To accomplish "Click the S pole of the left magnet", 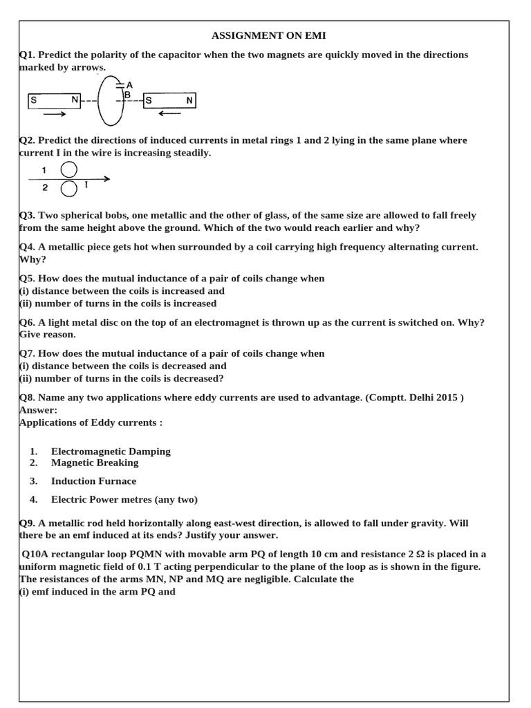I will coord(32,101).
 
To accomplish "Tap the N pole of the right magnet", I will coord(189,101).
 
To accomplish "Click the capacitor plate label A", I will coord(129,85).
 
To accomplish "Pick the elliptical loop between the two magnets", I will coord(109,100).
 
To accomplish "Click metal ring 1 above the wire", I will coord(69,169).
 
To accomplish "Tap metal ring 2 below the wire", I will coord(69,188).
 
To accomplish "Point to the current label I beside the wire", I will coord(86,185).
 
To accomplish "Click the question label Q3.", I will coord(26,215).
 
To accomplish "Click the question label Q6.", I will coord(26,322).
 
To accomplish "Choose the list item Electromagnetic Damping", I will coord(111,451).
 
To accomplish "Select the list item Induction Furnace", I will coord(93,481).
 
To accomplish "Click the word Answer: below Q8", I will coord(38,410).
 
